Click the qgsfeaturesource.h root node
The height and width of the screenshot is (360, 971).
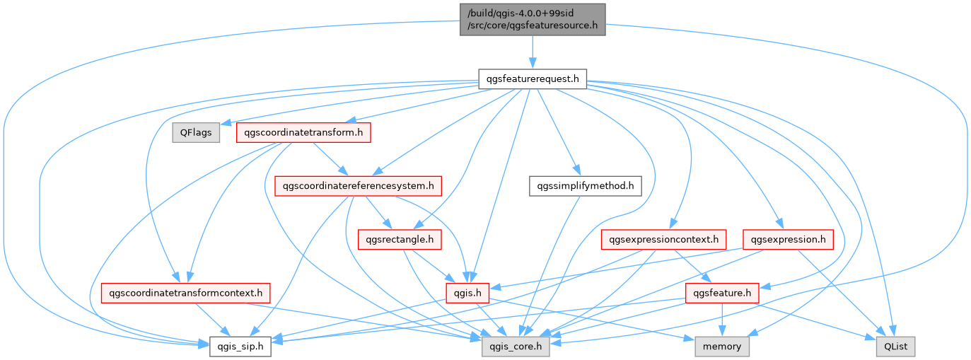pyautogui.click(x=532, y=20)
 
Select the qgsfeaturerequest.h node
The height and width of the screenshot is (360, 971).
pyautogui.click(x=532, y=79)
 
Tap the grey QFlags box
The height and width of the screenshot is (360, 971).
pyautogui.click(x=194, y=132)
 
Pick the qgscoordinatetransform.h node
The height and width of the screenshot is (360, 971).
pyautogui.click(x=303, y=132)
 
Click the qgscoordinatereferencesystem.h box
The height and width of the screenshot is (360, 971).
pyautogui.click(x=358, y=186)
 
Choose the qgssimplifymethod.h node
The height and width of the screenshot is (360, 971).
pyautogui.click(x=585, y=186)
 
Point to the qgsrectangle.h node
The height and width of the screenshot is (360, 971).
pyautogui.click(x=400, y=240)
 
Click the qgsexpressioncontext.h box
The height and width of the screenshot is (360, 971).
pyautogui.click(x=663, y=240)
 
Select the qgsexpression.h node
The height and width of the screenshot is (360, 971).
pyautogui.click(x=788, y=240)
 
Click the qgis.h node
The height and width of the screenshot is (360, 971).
pyautogui.click(x=467, y=292)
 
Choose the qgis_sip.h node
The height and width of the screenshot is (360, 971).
pyautogui.click(x=240, y=347)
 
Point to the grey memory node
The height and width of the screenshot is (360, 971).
pyautogui.click(x=722, y=347)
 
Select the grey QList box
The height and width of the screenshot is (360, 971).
pyautogui.click(x=895, y=347)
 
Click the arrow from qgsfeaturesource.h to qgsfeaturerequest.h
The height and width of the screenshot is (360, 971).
pyautogui.click(x=532, y=54)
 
